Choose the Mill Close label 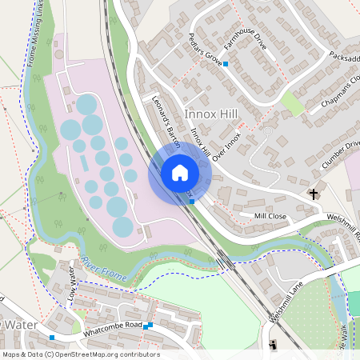coord(270,216)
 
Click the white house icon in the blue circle coord(180,173)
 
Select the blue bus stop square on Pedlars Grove coord(226,63)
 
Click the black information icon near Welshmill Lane coord(274,344)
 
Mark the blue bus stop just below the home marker coord(193,202)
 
